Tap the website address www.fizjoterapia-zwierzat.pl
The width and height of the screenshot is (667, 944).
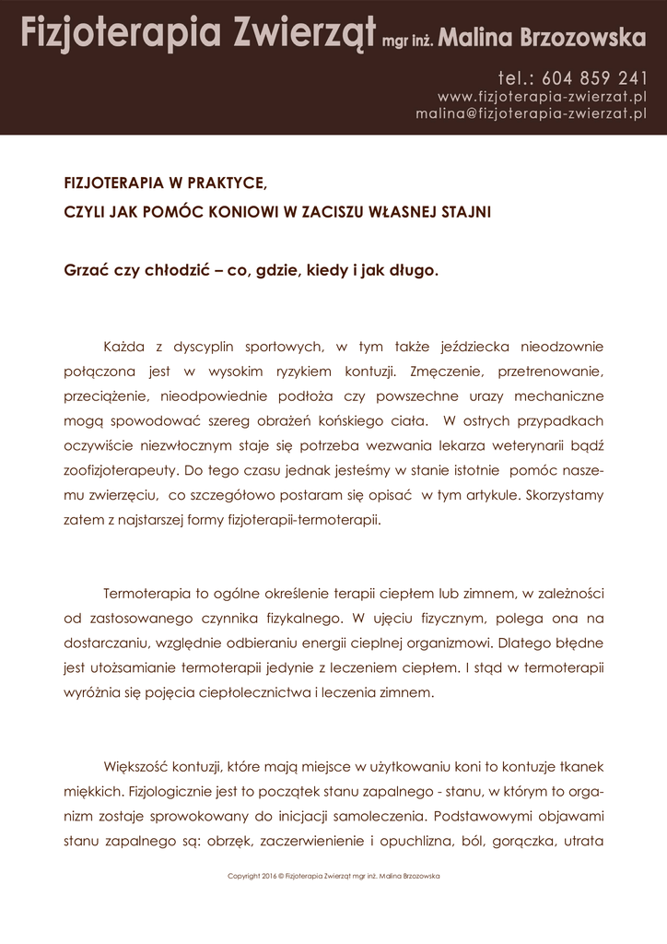[542, 96]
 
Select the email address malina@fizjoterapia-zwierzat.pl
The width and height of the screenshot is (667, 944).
[531, 113]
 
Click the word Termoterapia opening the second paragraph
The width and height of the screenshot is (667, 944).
[150, 591]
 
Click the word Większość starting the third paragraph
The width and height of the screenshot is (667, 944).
[139, 766]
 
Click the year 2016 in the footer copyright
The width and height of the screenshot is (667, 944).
[267, 876]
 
